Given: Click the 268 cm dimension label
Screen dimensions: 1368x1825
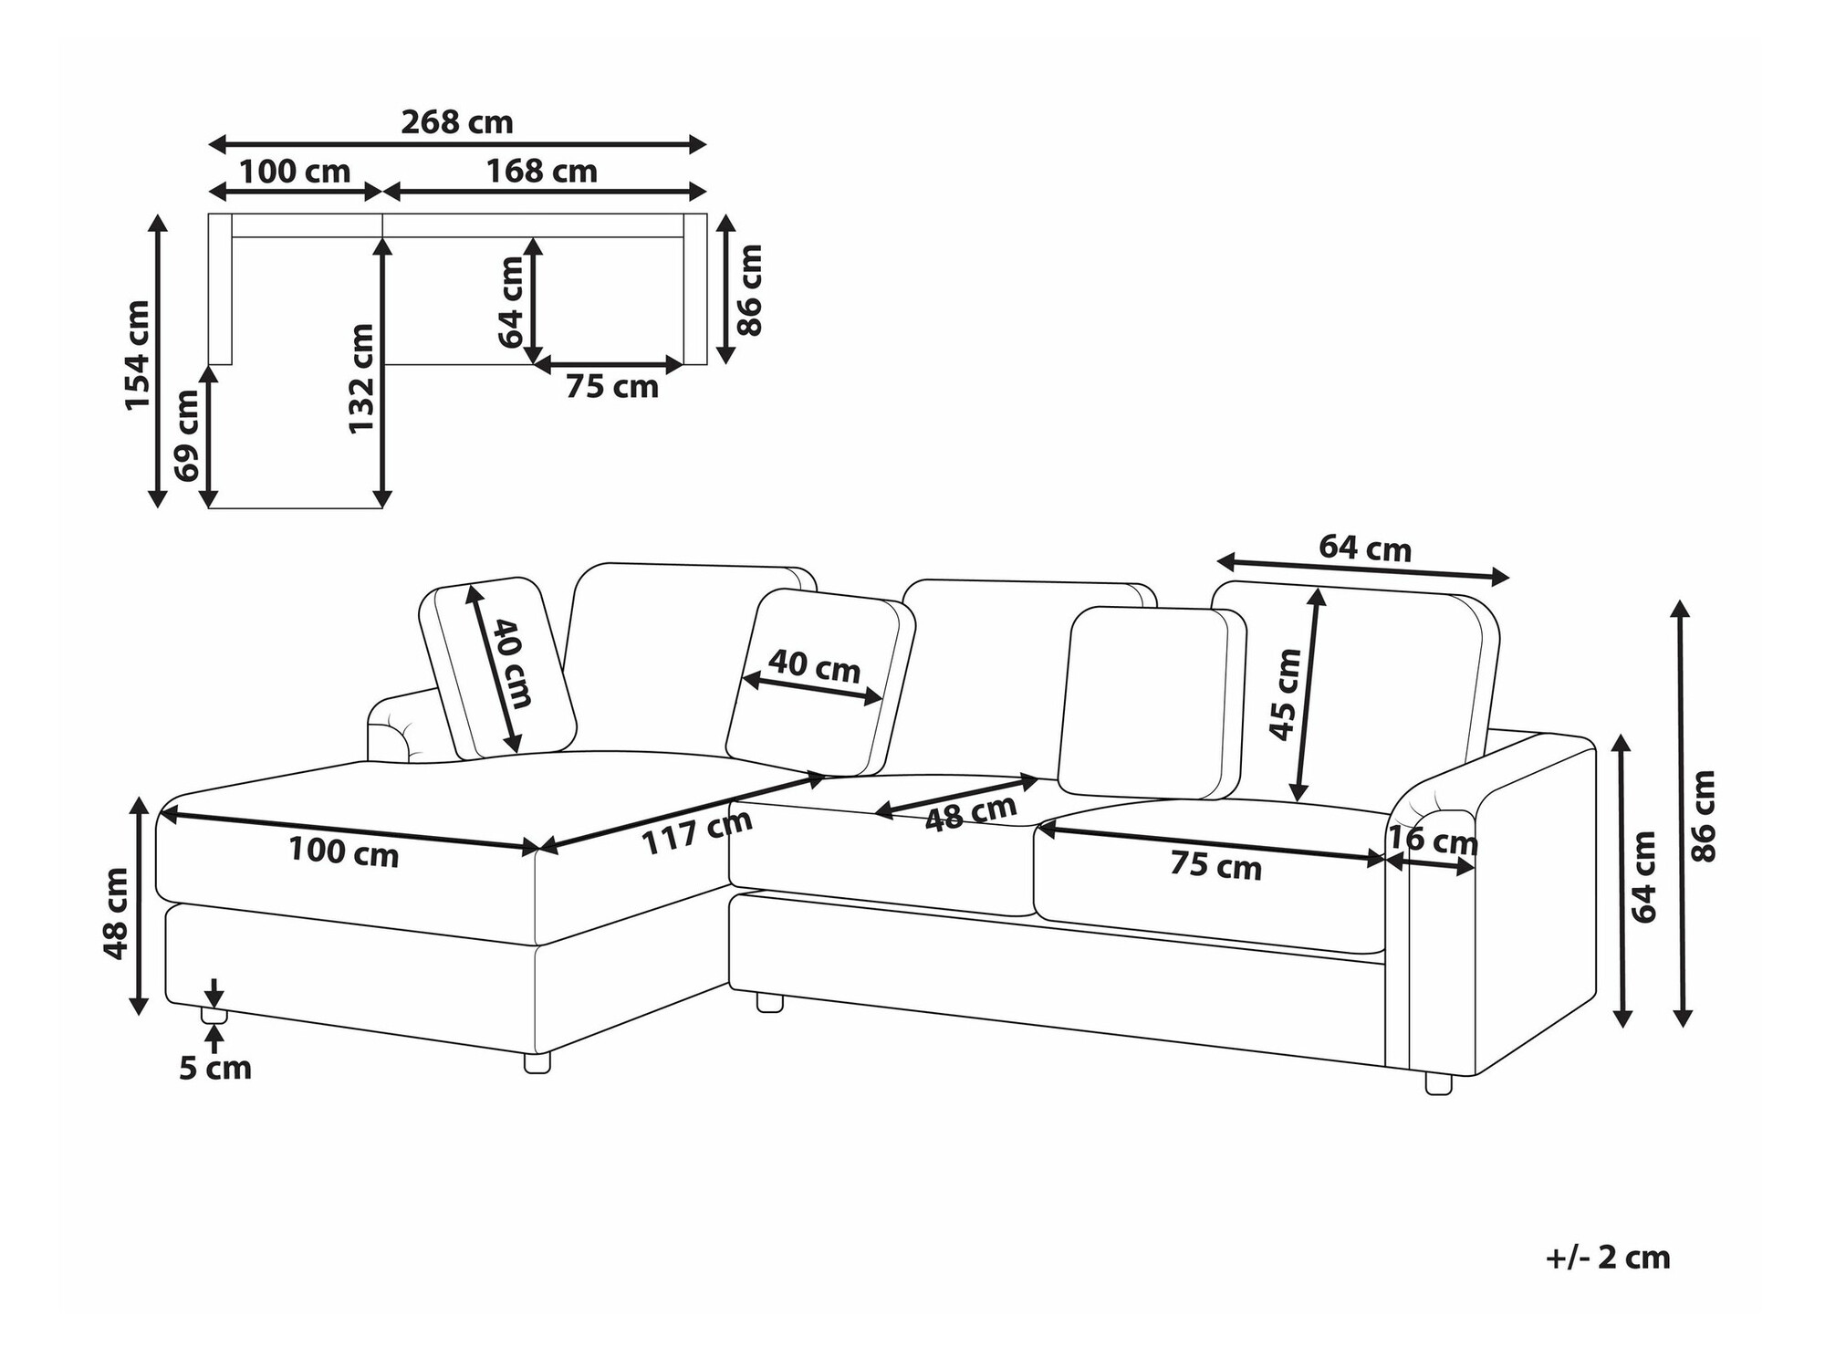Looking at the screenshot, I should pyautogui.click(x=457, y=122).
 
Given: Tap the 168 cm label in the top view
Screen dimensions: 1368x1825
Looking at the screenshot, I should pyautogui.click(x=541, y=172).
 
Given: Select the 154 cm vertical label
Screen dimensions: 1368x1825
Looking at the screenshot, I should pyautogui.click(x=138, y=355).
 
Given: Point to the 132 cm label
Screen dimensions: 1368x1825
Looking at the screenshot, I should pyautogui.click(x=361, y=379).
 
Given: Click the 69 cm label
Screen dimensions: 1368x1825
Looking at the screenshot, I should pyautogui.click(x=187, y=435).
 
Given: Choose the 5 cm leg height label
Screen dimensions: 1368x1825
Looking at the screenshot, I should pyautogui.click(x=215, y=1068).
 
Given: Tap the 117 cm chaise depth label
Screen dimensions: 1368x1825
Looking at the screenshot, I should pyautogui.click(x=698, y=831).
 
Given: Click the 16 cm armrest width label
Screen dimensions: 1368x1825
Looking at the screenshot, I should pyautogui.click(x=1432, y=840).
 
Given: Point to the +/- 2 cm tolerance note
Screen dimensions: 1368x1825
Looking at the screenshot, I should pyautogui.click(x=1608, y=1258).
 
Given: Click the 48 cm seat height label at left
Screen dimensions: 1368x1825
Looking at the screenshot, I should pyautogui.click(x=116, y=914).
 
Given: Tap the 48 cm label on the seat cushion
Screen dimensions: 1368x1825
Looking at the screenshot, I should pyautogui.click(x=971, y=812).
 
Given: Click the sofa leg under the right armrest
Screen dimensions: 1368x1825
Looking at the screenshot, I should pyautogui.click(x=1438, y=1083).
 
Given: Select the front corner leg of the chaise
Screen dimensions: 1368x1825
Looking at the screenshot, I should pyautogui.click(x=537, y=1062).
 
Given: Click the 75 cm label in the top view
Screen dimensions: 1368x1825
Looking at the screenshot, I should pyautogui.click(x=612, y=387).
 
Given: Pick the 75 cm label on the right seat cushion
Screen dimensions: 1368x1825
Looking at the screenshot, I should pyautogui.click(x=1216, y=866).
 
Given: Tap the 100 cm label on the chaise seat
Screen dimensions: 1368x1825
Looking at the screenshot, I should pyautogui.click(x=344, y=851).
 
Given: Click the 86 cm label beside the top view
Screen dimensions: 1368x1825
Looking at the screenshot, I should pyautogui.click(x=750, y=289).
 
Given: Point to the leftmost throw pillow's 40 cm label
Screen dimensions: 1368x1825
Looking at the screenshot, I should pyautogui.click(x=512, y=664).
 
